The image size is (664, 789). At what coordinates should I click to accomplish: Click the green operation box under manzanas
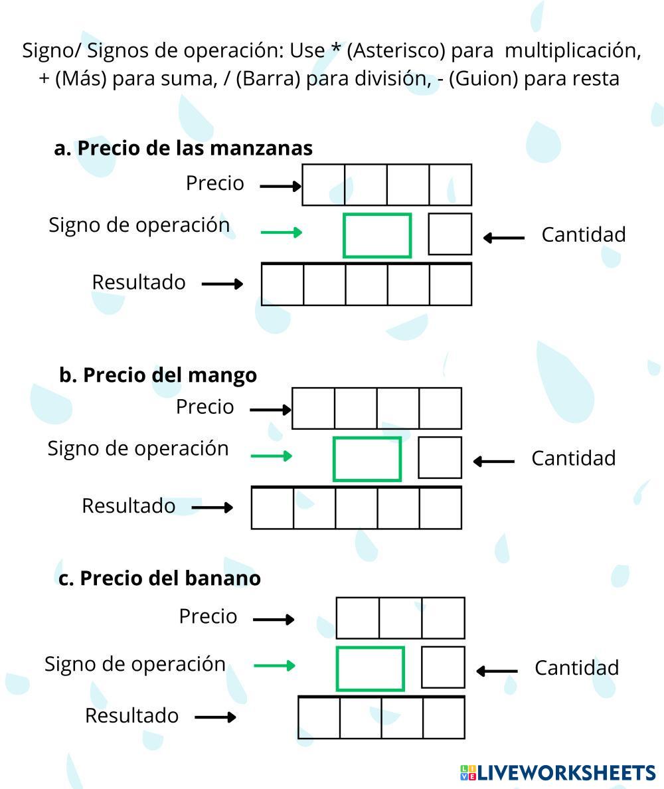coord(377,235)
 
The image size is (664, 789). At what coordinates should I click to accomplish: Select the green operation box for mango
coord(367,458)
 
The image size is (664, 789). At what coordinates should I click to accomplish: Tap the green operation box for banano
coord(371,668)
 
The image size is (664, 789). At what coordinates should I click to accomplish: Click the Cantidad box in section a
coord(450,234)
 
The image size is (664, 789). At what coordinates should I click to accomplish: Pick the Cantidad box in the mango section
coord(440,458)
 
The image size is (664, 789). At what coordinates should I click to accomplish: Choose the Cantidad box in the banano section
coord(443,667)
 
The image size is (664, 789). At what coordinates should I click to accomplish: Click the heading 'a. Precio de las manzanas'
coord(183,147)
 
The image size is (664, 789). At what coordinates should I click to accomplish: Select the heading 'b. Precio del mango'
coord(158,375)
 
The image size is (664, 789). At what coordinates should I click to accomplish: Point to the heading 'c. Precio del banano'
coord(159,578)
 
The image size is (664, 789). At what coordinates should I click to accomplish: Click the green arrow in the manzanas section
coord(281,232)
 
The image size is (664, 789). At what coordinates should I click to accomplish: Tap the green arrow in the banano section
coord(274,665)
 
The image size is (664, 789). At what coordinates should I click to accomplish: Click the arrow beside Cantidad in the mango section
coord(493,461)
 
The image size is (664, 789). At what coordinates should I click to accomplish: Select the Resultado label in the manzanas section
coord(139,282)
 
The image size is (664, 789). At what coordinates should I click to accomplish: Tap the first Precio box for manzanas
coord(323,185)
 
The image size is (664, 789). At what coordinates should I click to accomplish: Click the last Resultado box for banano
coord(444,718)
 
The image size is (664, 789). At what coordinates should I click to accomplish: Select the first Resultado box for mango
coord(272,508)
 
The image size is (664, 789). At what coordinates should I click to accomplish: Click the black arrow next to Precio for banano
coord(274,620)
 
